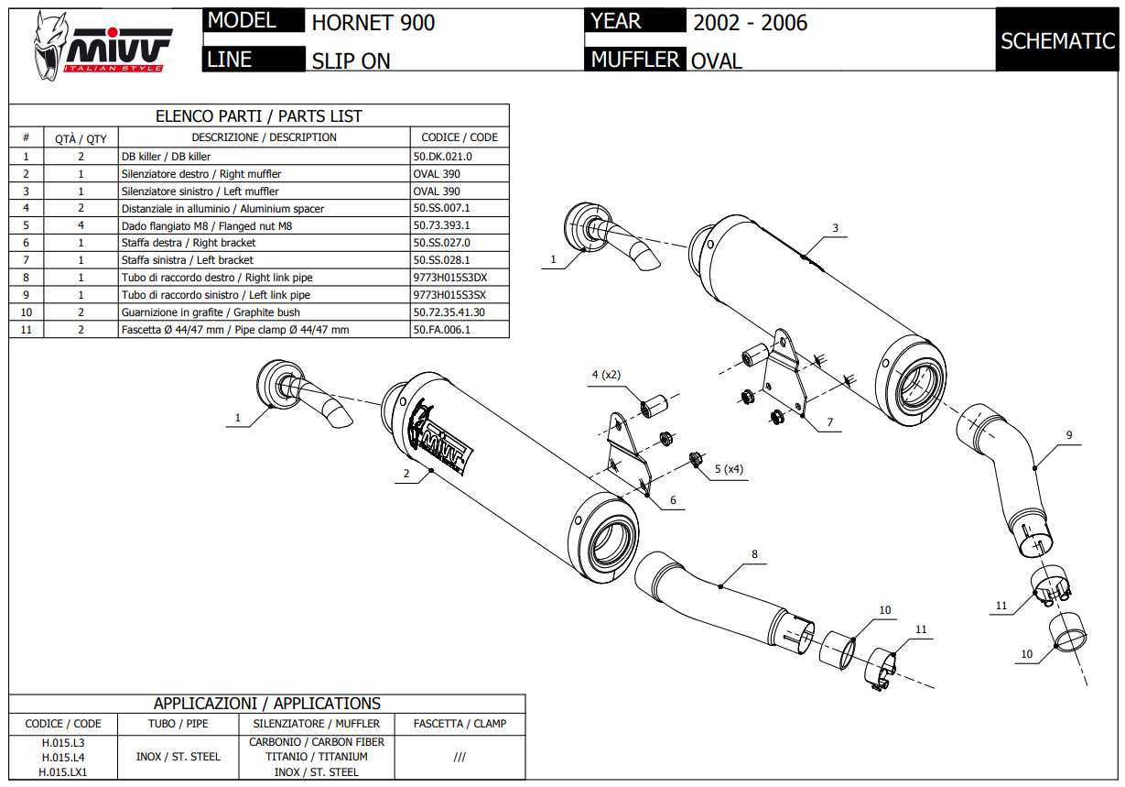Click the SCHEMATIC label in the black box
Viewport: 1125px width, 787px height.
(1057, 41)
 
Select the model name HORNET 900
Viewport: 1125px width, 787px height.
(373, 23)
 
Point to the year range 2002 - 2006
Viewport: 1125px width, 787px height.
(750, 23)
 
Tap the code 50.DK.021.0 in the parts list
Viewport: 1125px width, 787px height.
(443, 157)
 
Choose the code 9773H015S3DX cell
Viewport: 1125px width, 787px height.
(449, 278)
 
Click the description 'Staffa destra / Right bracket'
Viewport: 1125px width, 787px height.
(189, 243)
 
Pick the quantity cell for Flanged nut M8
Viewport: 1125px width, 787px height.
(81, 225)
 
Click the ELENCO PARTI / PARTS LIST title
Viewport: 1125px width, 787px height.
(259, 116)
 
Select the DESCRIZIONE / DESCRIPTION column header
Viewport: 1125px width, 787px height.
(265, 137)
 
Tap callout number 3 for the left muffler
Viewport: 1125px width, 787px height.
(835, 228)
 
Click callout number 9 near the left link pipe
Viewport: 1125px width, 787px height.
(1068, 435)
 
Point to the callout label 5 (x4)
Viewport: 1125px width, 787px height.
(728, 469)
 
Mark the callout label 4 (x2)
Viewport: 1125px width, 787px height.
(606, 375)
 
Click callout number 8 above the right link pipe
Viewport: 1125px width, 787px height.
(754, 554)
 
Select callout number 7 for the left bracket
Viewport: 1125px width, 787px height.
(829, 422)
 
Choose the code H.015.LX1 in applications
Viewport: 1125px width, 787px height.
(63, 772)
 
